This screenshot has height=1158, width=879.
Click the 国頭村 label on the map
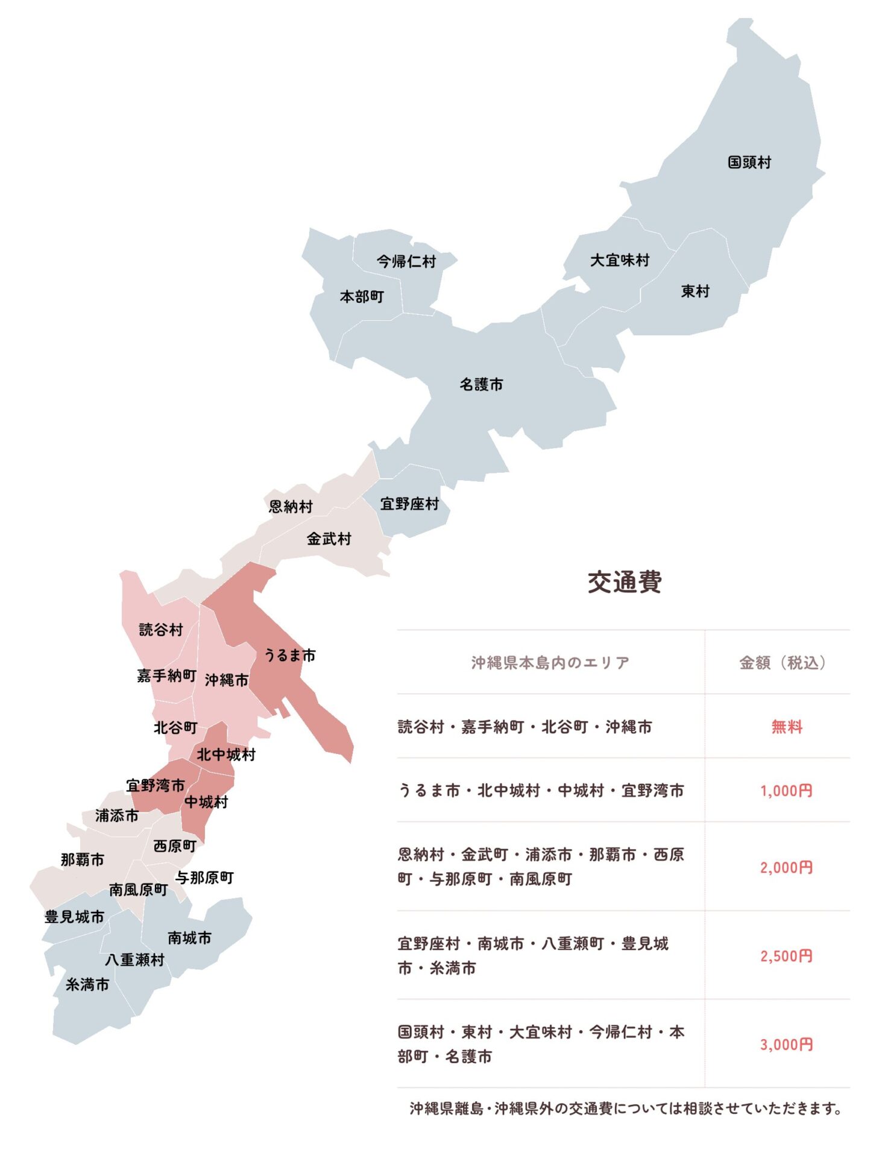point(749,162)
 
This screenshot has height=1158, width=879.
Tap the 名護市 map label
point(481,384)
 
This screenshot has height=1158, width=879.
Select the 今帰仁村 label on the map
point(406,261)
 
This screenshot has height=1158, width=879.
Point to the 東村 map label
point(695,291)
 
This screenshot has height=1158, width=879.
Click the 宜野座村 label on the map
point(409,504)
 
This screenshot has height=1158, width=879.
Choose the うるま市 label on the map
point(290,655)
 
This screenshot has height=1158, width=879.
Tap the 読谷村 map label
point(160,630)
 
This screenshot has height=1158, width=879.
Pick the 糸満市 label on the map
point(87,985)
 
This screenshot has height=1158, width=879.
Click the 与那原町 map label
point(204,878)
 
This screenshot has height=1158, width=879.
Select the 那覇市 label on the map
point(83,859)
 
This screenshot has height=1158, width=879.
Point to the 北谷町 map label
point(175,727)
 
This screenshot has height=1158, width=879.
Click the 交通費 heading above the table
point(625,582)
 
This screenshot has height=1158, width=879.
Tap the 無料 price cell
point(787,727)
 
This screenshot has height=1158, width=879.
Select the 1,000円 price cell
point(786,791)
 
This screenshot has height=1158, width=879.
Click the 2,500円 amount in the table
point(786,956)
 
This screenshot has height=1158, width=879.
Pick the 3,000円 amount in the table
point(786,1045)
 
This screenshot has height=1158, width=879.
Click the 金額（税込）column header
point(783,663)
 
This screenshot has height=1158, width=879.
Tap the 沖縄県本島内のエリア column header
point(550,663)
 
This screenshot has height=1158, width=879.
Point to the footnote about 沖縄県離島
point(626,1109)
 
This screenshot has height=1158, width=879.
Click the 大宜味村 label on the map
point(620,260)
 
